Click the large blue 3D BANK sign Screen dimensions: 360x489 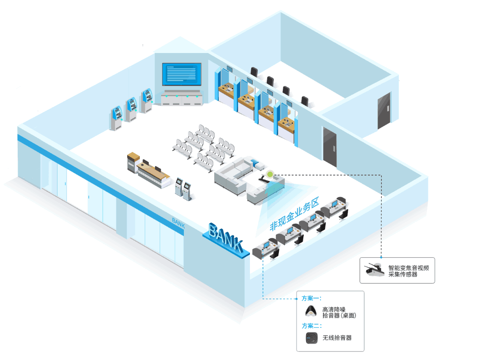[225, 238]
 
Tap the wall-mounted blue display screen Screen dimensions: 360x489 [182, 74]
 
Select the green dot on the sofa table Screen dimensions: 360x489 [270, 173]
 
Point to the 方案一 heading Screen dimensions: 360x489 [312, 298]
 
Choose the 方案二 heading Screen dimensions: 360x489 [312, 326]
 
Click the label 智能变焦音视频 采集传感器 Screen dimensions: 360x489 [408, 271]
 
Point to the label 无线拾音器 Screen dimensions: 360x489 [337, 338]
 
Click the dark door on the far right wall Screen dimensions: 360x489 [384, 110]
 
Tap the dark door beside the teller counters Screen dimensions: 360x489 [329, 146]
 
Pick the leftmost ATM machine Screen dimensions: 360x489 [116, 118]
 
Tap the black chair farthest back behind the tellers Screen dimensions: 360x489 [254, 72]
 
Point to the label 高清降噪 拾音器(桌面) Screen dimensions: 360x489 [339, 312]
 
